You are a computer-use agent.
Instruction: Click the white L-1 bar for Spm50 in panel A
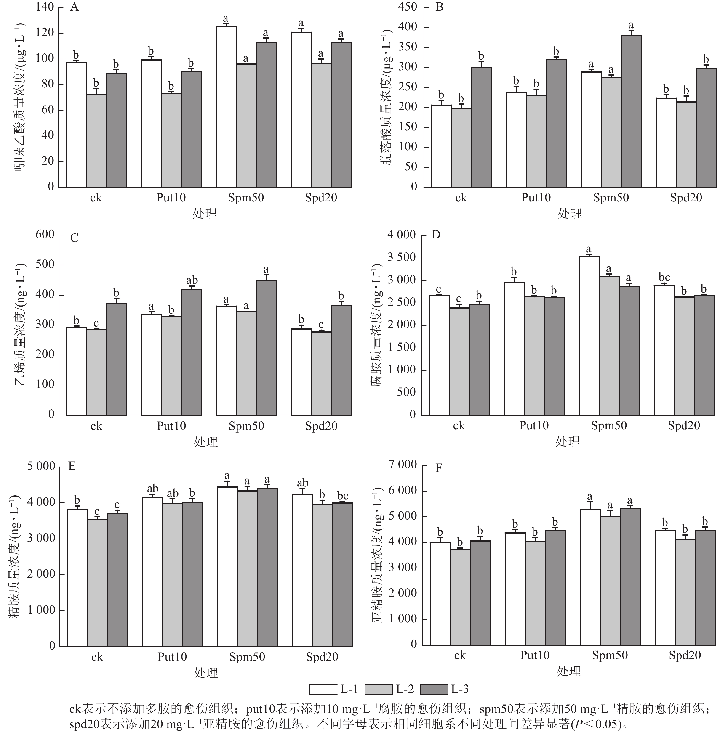point(226,107)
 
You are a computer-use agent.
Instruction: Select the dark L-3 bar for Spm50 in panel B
point(631,111)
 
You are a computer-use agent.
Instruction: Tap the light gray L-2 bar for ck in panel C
point(96,372)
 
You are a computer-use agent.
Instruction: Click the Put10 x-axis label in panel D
point(533,425)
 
